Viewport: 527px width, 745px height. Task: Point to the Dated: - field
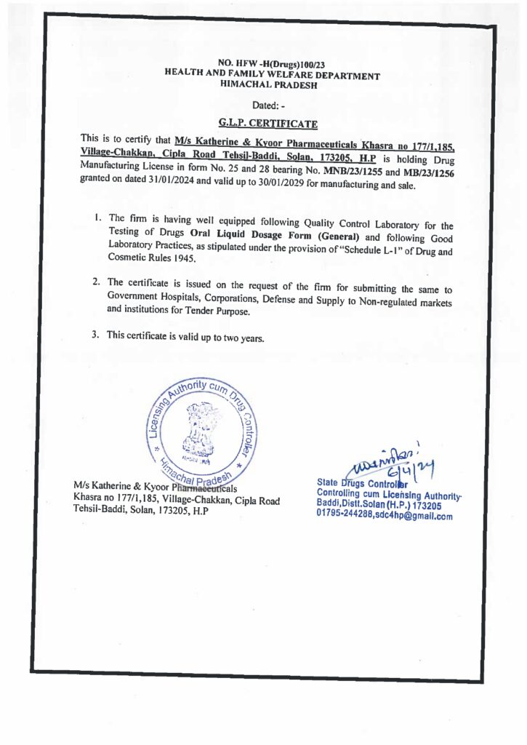[x=271, y=104]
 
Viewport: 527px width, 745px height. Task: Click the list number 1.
[x=97, y=218]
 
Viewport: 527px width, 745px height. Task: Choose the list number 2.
[x=96, y=282]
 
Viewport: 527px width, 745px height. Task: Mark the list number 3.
[x=95, y=335]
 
